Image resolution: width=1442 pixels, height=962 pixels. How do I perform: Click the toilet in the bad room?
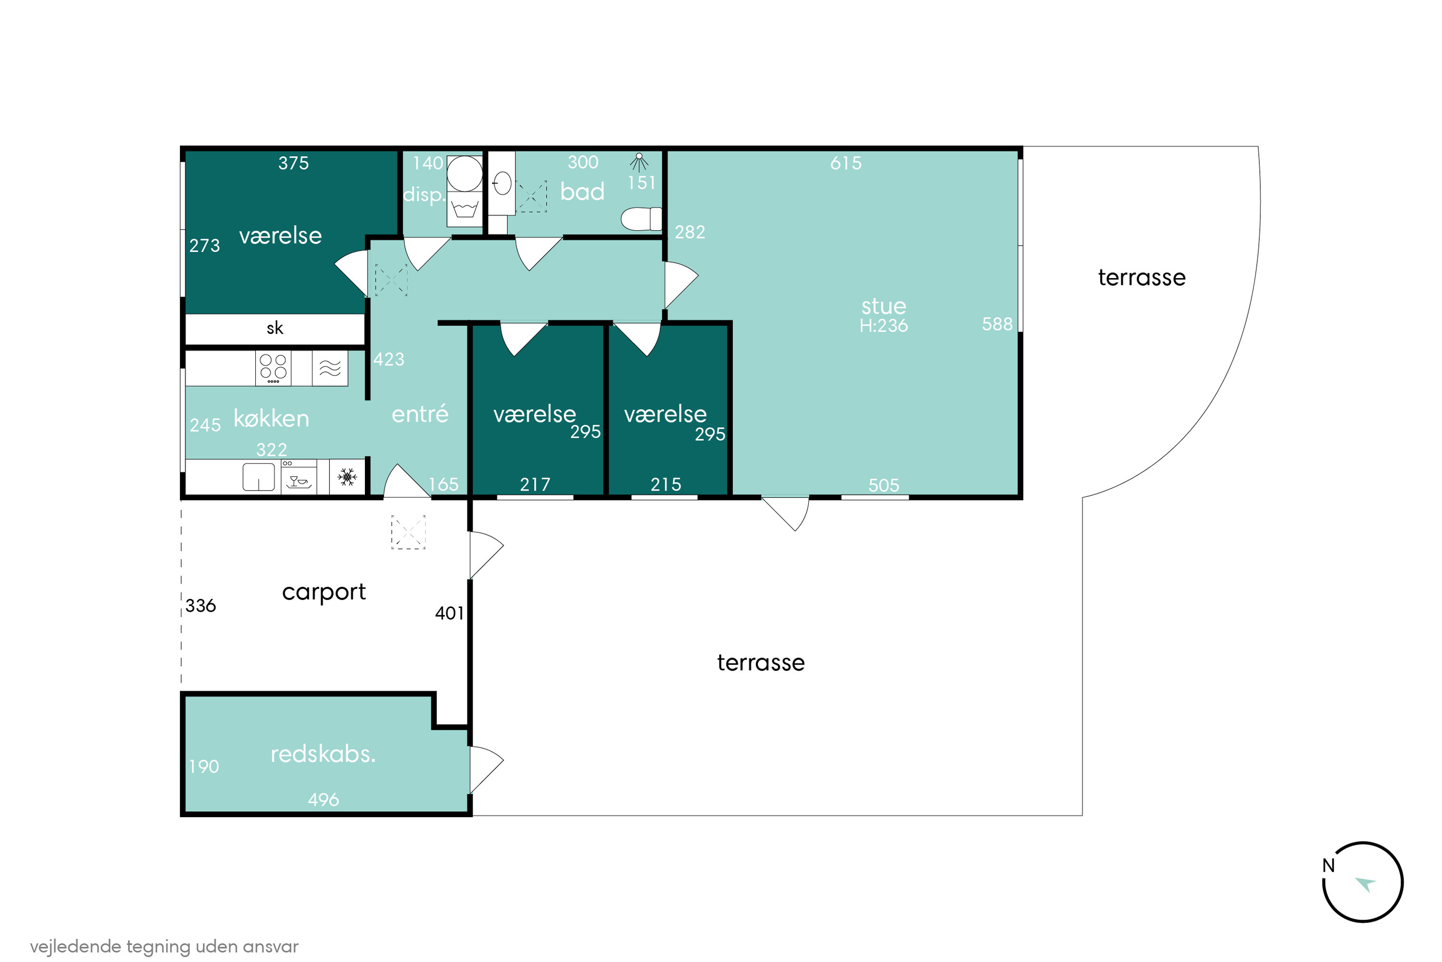641,218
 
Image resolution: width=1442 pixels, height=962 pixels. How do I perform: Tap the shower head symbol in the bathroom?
639,162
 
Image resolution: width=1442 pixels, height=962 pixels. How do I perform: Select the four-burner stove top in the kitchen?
273,368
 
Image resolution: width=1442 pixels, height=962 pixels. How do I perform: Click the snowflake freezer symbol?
347,477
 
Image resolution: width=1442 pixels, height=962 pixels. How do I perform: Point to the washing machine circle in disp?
464,174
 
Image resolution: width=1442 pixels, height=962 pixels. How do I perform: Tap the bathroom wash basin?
502,183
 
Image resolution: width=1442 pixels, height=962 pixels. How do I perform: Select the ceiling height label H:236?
883,326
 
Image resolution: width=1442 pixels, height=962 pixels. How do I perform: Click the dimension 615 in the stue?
846,163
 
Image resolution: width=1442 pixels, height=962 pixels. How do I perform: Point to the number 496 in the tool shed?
323,799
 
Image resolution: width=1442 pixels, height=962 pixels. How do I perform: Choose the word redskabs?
323,754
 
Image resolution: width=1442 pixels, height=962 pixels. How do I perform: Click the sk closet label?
275,328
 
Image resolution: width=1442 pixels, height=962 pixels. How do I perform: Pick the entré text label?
420,414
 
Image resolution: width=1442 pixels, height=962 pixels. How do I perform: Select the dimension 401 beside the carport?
450,613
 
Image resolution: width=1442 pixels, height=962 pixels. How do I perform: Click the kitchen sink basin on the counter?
258,477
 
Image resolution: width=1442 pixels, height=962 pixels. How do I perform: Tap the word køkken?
271,418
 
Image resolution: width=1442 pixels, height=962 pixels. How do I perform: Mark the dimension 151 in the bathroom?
641,183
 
